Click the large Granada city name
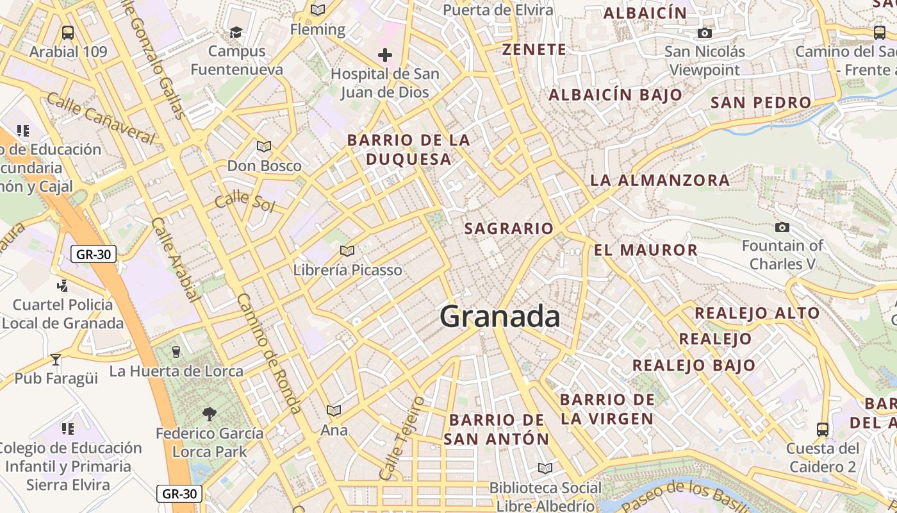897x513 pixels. (500, 317)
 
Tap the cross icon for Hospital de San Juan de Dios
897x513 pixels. (385, 55)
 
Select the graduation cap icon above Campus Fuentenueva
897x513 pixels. (236, 32)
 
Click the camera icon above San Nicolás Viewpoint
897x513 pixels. (705, 33)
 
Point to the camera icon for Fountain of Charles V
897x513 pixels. (782, 227)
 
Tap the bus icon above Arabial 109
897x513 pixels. (68, 32)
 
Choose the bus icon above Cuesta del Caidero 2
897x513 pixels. (823, 429)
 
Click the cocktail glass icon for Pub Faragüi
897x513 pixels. (56, 359)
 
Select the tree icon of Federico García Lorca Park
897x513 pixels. (209, 414)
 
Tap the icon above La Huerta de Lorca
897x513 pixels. (176, 351)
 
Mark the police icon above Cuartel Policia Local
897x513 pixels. (63, 285)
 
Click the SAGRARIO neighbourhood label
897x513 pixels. (509, 228)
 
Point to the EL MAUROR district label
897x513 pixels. (645, 250)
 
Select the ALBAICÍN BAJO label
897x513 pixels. (615, 95)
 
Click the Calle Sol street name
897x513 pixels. (244, 201)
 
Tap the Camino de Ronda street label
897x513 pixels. (268, 353)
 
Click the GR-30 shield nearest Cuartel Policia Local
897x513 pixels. (94, 254)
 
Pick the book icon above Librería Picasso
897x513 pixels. (347, 251)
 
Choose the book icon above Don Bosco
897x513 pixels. (264, 146)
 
